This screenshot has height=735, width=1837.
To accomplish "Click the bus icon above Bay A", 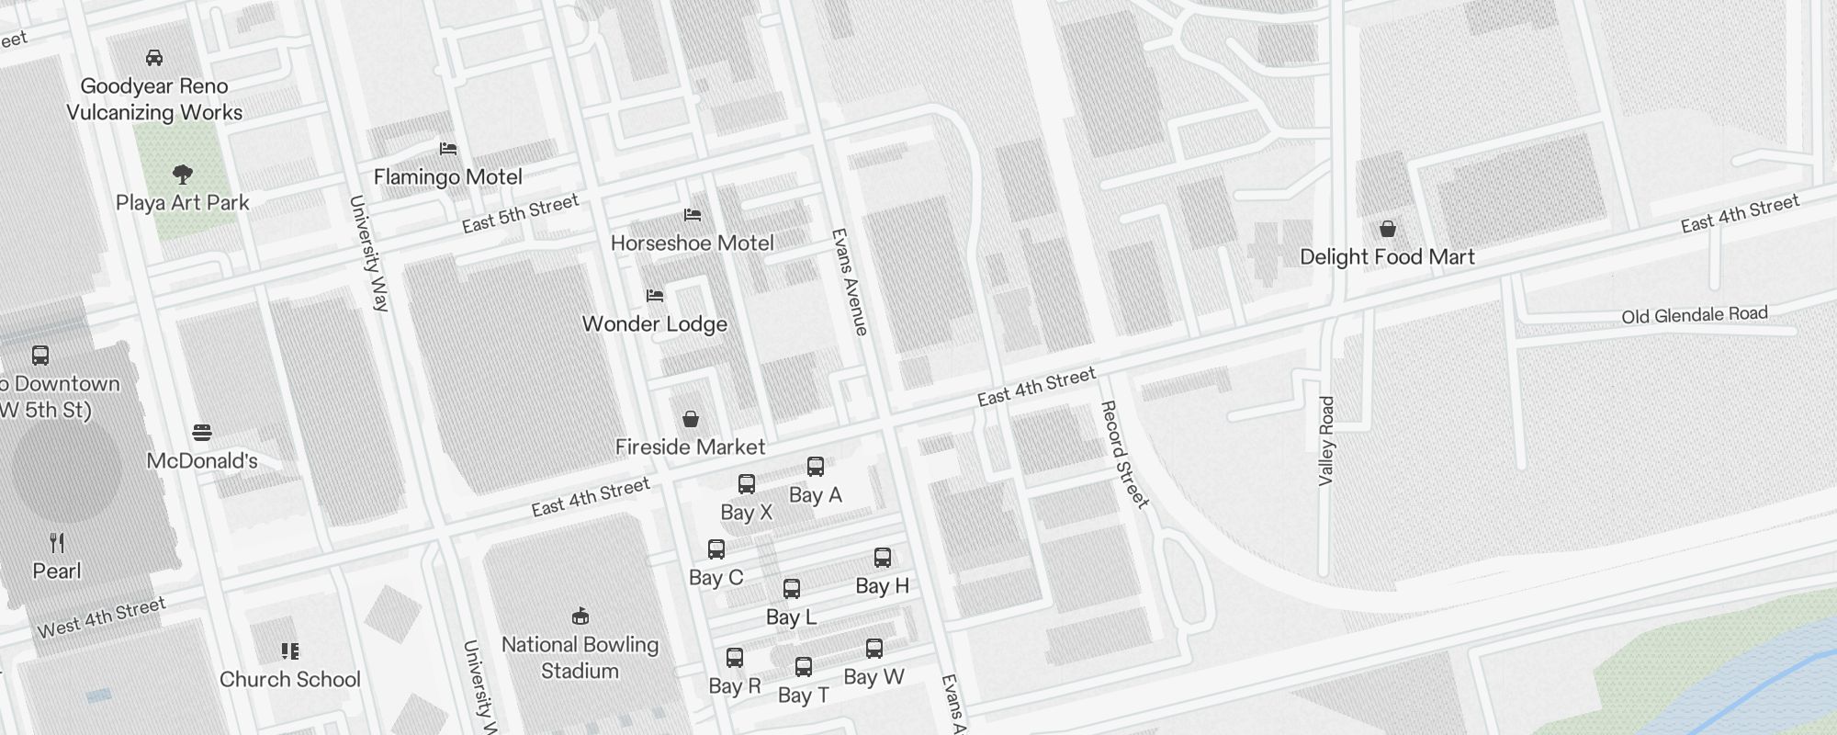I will click(815, 467).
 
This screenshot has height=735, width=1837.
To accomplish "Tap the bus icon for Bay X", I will click(747, 484).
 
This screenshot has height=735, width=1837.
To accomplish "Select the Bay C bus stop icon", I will click(716, 549).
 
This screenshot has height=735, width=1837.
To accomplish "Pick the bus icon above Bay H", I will click(883, 558).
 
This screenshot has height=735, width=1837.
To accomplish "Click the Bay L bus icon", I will click(792, 589).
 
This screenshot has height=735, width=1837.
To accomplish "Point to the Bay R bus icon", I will click(735, 658).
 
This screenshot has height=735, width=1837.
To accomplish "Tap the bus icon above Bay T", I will click(804, 667).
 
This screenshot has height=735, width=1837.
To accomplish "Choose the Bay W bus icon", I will click(874, 649).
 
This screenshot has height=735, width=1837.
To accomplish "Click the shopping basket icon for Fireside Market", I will click(691, 420).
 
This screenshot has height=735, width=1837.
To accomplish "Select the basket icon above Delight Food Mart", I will click(1387, 229).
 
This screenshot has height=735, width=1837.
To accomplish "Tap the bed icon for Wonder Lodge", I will click(655, 296).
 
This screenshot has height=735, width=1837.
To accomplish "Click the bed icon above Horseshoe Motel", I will click(693, 215).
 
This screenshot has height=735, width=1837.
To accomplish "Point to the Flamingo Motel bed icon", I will click(448, 149).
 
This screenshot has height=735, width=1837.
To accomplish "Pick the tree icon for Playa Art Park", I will click(183, 174).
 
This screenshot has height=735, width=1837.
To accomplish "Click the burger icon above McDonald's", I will click(203, 432).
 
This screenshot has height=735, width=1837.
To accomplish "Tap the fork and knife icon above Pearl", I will click(57, 543).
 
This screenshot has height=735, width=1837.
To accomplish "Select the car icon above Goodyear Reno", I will click(154, 58).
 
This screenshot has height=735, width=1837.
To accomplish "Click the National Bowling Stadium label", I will click(580, 658).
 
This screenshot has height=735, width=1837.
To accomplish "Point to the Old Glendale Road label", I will click(1694, 315).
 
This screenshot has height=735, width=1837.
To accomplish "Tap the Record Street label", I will click(1123, 454).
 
